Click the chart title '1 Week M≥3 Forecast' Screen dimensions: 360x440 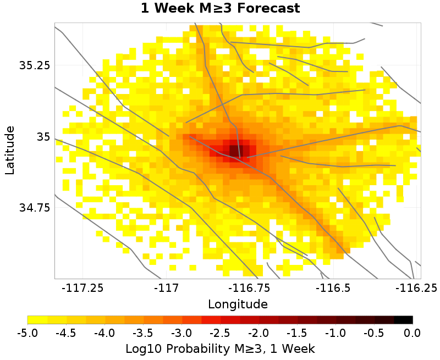[x=220, y=8]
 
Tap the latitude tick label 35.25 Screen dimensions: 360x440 [x=35, y=65]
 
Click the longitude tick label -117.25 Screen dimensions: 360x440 [x=82, y=287]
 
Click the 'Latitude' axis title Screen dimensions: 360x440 [x=10, y=150]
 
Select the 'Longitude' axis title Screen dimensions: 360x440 [x=238, y=304]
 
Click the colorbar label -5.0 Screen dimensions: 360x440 [x=28, y=333]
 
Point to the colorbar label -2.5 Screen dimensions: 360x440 [x=220, y=333]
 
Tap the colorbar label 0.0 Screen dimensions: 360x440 [x=412, y=333]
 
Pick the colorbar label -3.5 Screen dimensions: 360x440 [x=143, y=333]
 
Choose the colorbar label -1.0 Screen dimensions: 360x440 [x=335, y=333]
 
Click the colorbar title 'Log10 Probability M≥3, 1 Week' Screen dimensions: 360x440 [x=220, y=348]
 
